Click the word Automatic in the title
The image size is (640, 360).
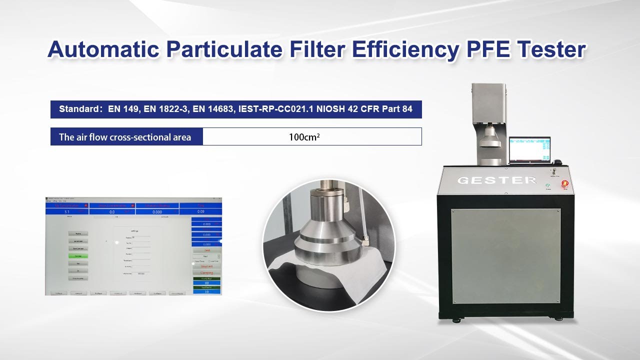(103, 50)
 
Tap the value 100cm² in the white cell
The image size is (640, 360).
(304, 136)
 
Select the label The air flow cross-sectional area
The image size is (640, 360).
(125, 137)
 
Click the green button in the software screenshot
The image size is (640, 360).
(78, 256)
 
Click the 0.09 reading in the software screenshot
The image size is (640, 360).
(200, 212)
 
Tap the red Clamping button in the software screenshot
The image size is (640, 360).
(206, 272)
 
